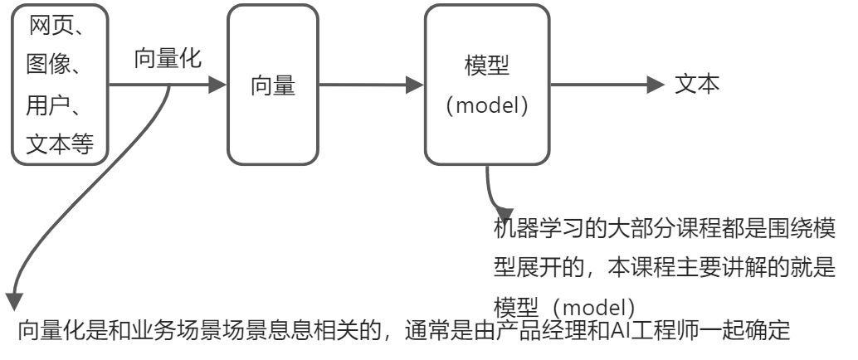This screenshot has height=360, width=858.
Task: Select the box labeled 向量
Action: (x=273, y=85)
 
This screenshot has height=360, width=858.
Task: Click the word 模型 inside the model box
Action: (x=487, y=67)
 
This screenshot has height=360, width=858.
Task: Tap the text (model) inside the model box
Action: (x=487, y=106)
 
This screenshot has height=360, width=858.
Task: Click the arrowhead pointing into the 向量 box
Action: (x=218, y=85)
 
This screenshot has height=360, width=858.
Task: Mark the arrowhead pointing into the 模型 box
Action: (x=415, y=85)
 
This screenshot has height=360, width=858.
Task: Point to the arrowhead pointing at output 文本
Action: (x=656, y=84)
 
